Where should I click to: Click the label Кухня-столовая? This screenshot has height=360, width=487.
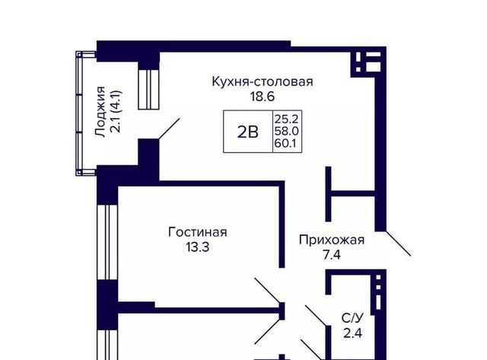point(263,81)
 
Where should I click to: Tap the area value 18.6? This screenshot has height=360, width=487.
point(263,97)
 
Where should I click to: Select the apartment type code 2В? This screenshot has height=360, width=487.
point(248,132)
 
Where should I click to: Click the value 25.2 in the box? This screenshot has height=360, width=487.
point(286,119)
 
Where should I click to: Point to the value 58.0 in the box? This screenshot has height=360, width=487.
point(286,131)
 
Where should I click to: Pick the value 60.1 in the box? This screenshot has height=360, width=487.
point(285,143)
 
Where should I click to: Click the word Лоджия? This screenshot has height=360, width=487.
point(100,111)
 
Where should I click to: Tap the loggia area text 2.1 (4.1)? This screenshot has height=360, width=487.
point(116,111)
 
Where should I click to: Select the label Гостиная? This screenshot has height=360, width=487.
point(198,232)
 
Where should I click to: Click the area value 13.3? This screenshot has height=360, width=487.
point(198,247)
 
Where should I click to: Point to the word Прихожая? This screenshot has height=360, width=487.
point(332,240)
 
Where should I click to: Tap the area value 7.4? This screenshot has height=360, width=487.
point(332,255)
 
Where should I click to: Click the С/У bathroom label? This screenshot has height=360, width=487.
point(352,318)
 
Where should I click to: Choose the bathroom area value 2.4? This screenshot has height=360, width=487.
point(353,333)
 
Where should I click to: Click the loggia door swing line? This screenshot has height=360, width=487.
point(169,129)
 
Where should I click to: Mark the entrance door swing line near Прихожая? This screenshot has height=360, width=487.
point(399,244)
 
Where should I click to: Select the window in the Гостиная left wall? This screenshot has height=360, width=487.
point(107,242)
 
